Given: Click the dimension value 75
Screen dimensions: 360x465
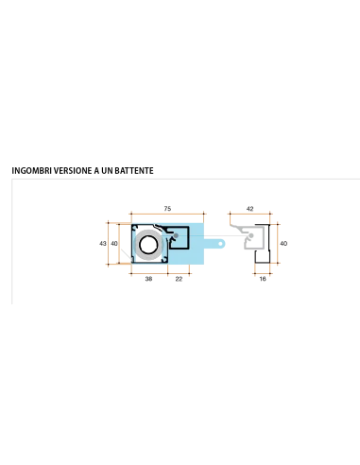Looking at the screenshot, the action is (x=167, y=209).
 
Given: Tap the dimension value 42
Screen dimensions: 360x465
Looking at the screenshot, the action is (x=249, y=209).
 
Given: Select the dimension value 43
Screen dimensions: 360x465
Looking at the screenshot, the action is (x=103, y=244).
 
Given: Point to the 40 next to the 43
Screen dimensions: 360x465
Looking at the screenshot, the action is (x=114, y=244).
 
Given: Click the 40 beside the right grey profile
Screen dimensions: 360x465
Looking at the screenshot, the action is (x=283, y=244).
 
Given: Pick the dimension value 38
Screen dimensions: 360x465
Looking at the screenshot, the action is (x=148, y=279).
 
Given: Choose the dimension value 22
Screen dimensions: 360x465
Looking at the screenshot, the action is (x=179, y=279).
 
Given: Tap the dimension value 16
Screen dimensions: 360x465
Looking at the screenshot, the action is (x=263, y=279).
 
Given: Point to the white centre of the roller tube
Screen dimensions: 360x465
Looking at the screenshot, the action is (x=148, y=245).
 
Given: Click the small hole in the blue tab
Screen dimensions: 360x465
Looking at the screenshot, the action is (x=221, y=244).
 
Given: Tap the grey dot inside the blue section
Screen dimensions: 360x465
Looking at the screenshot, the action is (x=176, y=235).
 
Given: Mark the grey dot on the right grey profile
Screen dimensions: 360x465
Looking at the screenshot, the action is (x=251, y=235).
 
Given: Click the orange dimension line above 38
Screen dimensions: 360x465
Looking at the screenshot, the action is (x=149, y=273).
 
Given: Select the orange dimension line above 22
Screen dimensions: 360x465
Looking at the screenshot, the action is (x=179, y=273).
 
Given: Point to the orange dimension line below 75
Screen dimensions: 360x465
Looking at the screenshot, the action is (x=167, y=214).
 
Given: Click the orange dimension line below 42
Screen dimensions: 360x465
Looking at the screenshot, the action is (x=249, y=214).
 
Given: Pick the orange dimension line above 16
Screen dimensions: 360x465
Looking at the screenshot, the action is (x=263, y=273).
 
